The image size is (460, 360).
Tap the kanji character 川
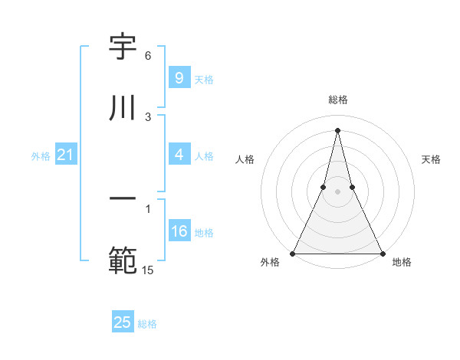[x=123, y=109]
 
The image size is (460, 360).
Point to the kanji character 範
[x=123, y=260]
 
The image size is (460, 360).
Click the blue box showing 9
[x=179, y=77]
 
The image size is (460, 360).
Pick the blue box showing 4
[x=179, y=155]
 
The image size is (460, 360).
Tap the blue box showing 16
[x=179, y=231]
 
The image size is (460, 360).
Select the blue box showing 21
[x=65, y=155]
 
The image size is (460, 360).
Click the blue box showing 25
[x=123, y=322]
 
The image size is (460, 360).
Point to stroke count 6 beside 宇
[x=148, y=56]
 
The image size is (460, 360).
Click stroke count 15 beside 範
[x=148, y=270]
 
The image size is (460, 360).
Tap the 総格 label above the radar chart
[x=337, y=100]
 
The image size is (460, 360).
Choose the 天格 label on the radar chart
[x=431, y=159]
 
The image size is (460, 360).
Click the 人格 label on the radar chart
[x=245, y=159]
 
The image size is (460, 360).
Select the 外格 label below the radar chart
[x=270, y=262]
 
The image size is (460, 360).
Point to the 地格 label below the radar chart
[x=402, y=262]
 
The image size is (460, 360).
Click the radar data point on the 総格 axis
[x=337, y=129]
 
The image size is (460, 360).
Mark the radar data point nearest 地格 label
[x=382, y=253]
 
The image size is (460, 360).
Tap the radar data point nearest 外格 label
[x=293, y=253]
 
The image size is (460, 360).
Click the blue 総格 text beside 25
[x=147, y=324]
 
